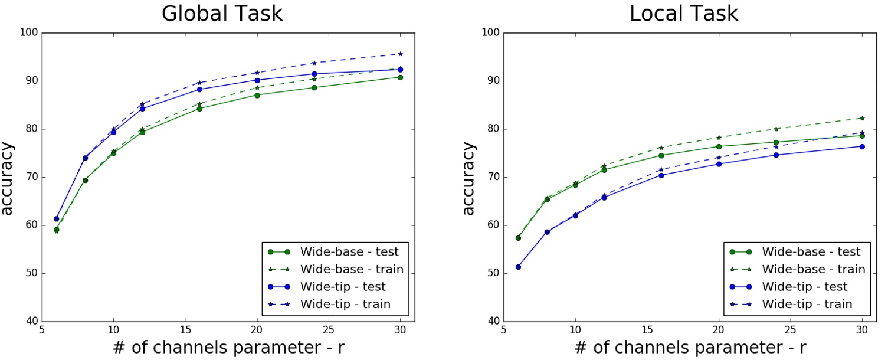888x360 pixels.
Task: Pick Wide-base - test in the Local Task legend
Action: pos(811,252)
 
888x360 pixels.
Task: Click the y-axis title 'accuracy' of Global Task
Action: pos(8,178)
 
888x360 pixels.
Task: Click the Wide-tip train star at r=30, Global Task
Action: pos(400,54)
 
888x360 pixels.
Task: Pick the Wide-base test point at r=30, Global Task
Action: pos(400,77)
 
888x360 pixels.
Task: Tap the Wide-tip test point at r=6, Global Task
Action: pos(56,219)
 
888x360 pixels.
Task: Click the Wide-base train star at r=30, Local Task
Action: pos(862,118)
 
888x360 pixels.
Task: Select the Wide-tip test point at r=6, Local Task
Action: pos(518,267)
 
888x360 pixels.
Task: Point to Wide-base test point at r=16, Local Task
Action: pos(661,155)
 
